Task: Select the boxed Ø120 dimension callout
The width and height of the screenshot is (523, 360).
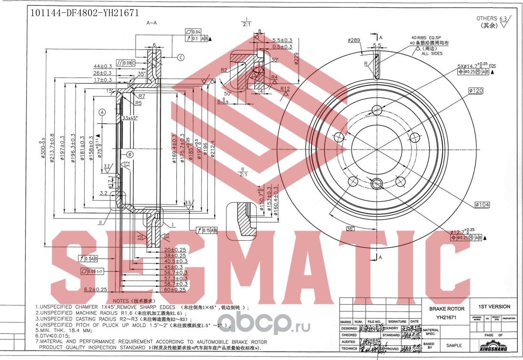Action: (x=476, y=90)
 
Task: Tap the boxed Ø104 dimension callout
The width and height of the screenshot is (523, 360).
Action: (x=482, y=204)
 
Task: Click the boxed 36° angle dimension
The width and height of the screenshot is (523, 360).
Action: (x=350, y=229)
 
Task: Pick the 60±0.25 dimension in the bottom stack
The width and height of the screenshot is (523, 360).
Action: (x=175, y=289)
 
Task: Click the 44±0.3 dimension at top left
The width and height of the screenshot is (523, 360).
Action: (x=102, y=66)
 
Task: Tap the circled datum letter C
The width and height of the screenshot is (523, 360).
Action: (x=181, y=58)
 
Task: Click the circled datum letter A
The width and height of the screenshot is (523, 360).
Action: (x=102, y=112)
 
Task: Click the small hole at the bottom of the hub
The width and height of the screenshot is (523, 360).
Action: (x=377, y=184)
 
